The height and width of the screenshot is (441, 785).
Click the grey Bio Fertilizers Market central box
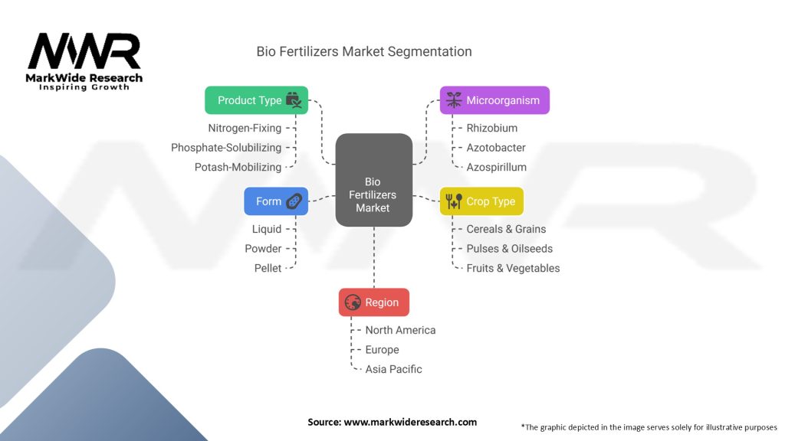click(373, 180)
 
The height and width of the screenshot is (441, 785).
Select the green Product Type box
click(256, 100)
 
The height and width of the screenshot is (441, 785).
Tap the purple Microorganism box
click(494, 100)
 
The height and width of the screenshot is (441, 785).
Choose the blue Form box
click(276, 201)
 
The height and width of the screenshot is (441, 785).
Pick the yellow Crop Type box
click(481, 201)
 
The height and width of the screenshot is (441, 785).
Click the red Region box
click(373, 302)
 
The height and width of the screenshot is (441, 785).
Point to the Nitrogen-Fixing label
click(245, 128)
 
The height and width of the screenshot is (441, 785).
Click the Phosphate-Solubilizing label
click(226, 148)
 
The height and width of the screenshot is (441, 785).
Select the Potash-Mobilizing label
click(238, 167)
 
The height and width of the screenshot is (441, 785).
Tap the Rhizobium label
click(491, 128)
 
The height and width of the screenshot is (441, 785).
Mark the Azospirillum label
click(496, 167)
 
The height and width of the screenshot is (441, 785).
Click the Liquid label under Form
click(267, 229)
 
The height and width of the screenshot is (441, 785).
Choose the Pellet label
click(268, 268)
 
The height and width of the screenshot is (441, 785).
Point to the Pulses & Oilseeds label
click(509, 248)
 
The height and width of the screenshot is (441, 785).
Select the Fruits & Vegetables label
click(513, 268)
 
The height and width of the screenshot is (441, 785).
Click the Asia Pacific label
click(393, 369)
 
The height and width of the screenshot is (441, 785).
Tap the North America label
click(400, 330)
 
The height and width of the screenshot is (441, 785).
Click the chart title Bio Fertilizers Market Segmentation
click(363, 52)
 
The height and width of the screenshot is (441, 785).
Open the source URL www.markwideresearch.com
click(410, 422)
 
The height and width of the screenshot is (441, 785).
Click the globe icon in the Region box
click(353, 302)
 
